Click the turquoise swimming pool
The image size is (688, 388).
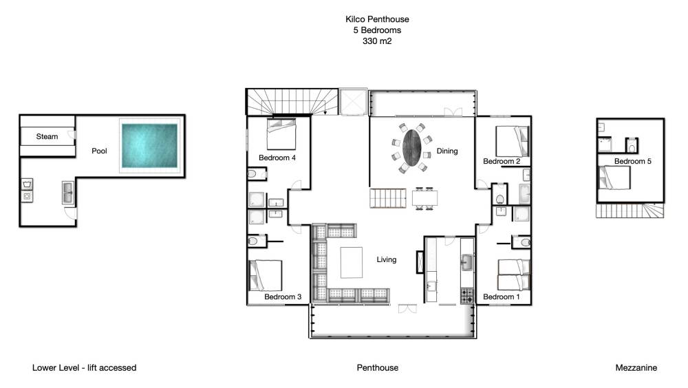pyautogui.click(x=149, y=146)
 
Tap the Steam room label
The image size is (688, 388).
pyautogui.click(x=47, y=136)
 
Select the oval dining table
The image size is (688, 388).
pyautogui.click(x=412, y=148)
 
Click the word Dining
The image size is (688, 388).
pyautogui.click(x=447, y=151)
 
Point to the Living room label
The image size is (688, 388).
pyautogui.click(x=387, y=259)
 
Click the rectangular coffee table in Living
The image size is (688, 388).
pyautogui.click(x=352, y=263)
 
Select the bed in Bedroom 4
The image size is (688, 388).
pyautogui.click(x=281, y=134)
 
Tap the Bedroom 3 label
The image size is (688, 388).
pyautogui.click(x=283, y=297)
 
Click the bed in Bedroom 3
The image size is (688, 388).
pyautogui.click(x=266, y=275)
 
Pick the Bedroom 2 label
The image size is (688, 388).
pyautogui.click(x=502, y=161)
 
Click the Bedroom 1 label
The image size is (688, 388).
pyautogui.click(x=501, y=297)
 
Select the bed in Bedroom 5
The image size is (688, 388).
pyautogui.click(x=614, y=177)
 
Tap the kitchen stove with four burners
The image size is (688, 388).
pyautogui.click(x=467, y=295)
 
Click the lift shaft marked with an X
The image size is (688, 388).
pyautogui.click(x=353, y=102)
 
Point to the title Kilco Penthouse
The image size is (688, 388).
pyautogui.click(x=377, y=19)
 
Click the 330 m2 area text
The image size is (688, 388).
pyautogui.click(x=377, y=41)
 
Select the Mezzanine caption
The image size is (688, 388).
pyautogui.click(x=636, y=368)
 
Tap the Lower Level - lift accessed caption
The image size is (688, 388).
pyautogui.click(x=84, y=368)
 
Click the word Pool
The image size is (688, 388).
pyautogui.click(x=99, y=151)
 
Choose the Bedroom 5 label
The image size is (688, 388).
pyautogui.click(x=633, y=161)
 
